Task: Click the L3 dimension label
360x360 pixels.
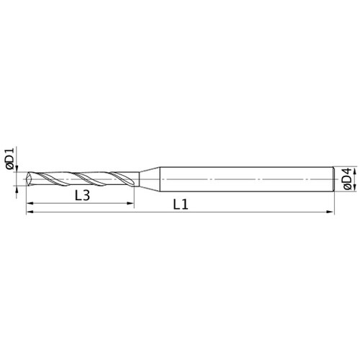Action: pos(82,196)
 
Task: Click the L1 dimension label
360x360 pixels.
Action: pos(181,204)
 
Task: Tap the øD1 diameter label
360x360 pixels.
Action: pos(10,159)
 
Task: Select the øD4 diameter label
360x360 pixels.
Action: pos(347,179)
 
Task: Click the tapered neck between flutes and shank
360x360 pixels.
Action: pos(150,179)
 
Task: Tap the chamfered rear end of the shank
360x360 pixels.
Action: pos(333,179)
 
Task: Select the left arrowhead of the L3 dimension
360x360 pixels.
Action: pos(30,203)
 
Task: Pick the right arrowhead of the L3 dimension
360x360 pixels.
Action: pos(131,203)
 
